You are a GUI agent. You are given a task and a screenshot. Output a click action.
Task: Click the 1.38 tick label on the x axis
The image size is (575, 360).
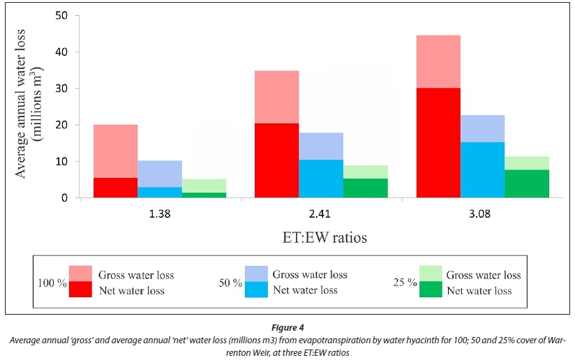[x=160, y=215]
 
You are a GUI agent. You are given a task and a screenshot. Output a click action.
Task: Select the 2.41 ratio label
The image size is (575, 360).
[x=321, y=215]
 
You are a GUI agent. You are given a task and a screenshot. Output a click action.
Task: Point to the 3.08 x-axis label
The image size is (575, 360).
[x=482, y=215]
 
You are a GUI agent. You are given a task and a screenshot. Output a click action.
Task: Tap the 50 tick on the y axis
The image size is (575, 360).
[x=63, y=15]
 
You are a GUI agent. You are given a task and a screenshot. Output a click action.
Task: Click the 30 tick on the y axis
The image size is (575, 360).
[x=63, y=89]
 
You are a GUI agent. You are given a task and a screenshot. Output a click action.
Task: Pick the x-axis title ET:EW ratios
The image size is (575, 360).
[x=319, y=238]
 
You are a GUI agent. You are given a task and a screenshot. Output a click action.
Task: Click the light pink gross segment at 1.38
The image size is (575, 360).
[x=115, y=151]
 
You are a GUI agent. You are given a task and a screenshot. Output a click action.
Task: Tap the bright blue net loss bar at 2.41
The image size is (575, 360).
[x=321, y=179]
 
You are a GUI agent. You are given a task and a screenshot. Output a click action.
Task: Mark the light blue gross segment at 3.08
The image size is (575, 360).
[x=482, y=128]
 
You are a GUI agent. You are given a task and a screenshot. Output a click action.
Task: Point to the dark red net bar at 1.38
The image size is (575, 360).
[x=115, y=188]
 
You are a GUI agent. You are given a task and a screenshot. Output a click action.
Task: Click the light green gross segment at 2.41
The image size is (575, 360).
[x=366, y=172]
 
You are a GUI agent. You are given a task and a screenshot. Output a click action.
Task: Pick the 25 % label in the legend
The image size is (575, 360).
[x=406, y=283]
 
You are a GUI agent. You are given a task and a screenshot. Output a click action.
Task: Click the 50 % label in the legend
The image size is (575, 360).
[x=231, y=283]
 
